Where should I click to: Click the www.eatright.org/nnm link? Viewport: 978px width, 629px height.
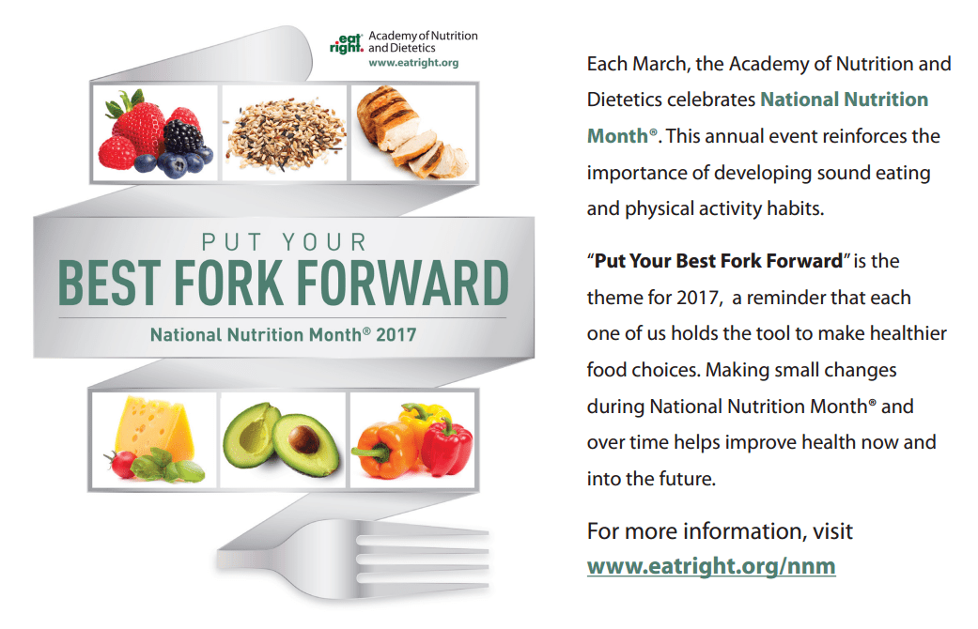tap(710, 567)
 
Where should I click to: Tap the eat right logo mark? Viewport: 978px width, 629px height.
tap(346, 43)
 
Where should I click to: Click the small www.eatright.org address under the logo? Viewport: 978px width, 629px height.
tap(413, 64)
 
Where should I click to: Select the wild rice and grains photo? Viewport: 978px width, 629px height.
tap(284, 132)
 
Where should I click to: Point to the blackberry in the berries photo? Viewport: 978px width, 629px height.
tap(183, 136)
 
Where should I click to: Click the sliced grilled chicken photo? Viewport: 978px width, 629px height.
tap(411, 132)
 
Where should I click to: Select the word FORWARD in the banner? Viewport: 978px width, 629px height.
tap(428, 281)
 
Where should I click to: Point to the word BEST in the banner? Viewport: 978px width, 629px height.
tap(119, 281)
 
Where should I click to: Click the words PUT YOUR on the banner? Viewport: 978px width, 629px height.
tap(284, 241)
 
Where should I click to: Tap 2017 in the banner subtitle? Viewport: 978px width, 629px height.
tap(396, 333)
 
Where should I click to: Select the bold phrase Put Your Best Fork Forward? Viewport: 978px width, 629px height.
tap(718, 261)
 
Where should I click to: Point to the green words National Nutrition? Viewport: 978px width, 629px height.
tap(844, 100)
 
